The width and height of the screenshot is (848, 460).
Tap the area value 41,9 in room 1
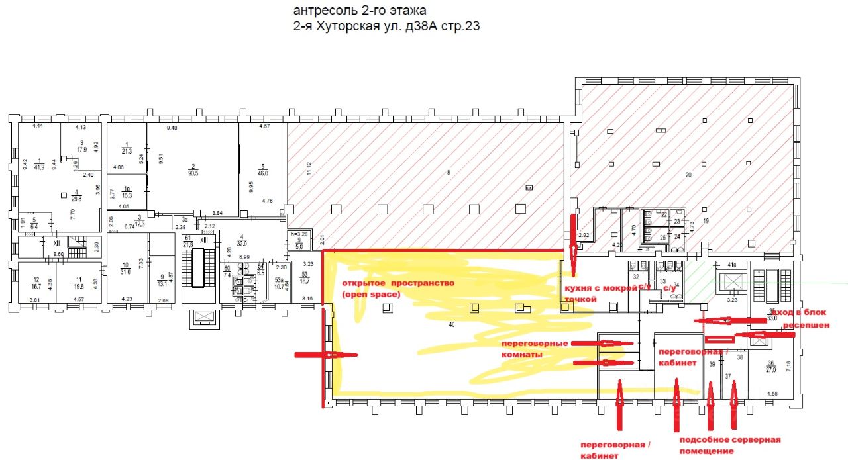tap(39, 166)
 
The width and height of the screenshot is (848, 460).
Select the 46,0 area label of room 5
tap(262, 173)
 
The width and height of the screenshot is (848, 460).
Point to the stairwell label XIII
tap(203, 240)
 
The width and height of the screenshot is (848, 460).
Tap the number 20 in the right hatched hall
tap(688, 175)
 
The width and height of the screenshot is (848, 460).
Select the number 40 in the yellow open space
tap(452, 324)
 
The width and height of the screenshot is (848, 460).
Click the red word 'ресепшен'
tap(806, 326)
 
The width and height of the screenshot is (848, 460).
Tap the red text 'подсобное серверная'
tap(729, 439)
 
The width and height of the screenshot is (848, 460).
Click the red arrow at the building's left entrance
tap(326, 355)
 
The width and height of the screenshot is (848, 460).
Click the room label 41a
tap(731, 265)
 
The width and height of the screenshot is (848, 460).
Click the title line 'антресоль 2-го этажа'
tap(360, 11)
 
